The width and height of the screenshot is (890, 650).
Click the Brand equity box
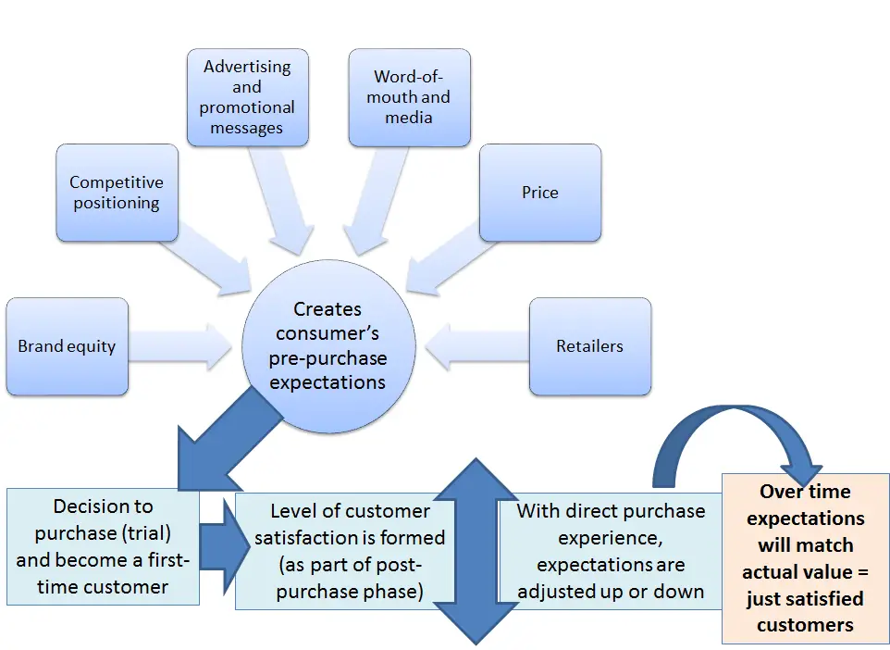pyautogui.click(x=67, y=346)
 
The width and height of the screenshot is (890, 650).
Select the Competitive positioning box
pyautogui.click(x=117, y=193)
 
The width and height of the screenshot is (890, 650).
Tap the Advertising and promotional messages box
pyautogui.click(x=247, y=97)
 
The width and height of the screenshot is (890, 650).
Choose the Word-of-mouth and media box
pyautogui.click(x=409, y=97)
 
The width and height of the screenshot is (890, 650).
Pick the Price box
pyautogui.click(x=539, y=193)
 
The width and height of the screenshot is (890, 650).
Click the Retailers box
pyautogui.click(x=590, y=346)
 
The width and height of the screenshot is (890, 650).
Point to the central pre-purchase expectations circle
pyautogui.click(x=328, y=346)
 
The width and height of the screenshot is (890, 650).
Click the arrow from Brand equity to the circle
pyautogui.click(x=180, y=346)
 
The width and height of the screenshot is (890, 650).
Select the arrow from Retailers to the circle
pyautogui.click(x=476, y=346)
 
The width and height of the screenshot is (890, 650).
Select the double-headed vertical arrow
pyautogui.click(x=476, y=551)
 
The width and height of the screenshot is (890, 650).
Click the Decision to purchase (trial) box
pyautogui.click(x=103, y=546)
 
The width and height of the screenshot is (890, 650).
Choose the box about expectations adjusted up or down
pyautogui.click(x=611, y=551)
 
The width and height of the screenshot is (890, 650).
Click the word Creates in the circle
pyautogui.click(x=328, y=309)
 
